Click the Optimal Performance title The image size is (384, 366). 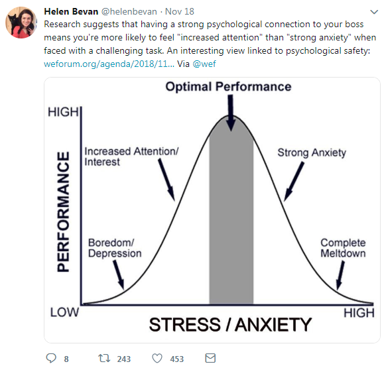tap(228, 87)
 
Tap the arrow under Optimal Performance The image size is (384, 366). tap(230, 113)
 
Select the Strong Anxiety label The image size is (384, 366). tap(312, 153)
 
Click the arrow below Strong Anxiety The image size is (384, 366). tap(294, 182)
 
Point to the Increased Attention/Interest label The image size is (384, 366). tap(131, 156)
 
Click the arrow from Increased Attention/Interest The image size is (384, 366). tap(166, 180)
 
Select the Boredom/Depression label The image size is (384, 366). tap(115, 248)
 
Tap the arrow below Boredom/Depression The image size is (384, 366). tap(119, 274)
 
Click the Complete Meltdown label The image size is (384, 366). tap(343, 248)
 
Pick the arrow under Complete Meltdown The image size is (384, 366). tap(341, 275)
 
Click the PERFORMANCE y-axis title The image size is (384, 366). tap(63, 212)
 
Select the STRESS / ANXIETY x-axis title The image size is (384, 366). tap(230, 325)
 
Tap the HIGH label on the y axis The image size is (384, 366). tap(63, 112)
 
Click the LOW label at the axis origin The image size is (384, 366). tap(64, 312)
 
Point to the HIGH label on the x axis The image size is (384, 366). tap(359, 313)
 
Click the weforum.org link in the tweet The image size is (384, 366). tap(109, 64)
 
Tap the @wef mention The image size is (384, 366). tap(204, 64)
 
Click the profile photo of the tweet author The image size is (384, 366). tap(21, 23)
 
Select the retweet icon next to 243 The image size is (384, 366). tap(104, 358)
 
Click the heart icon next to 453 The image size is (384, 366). tap(157, 359)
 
